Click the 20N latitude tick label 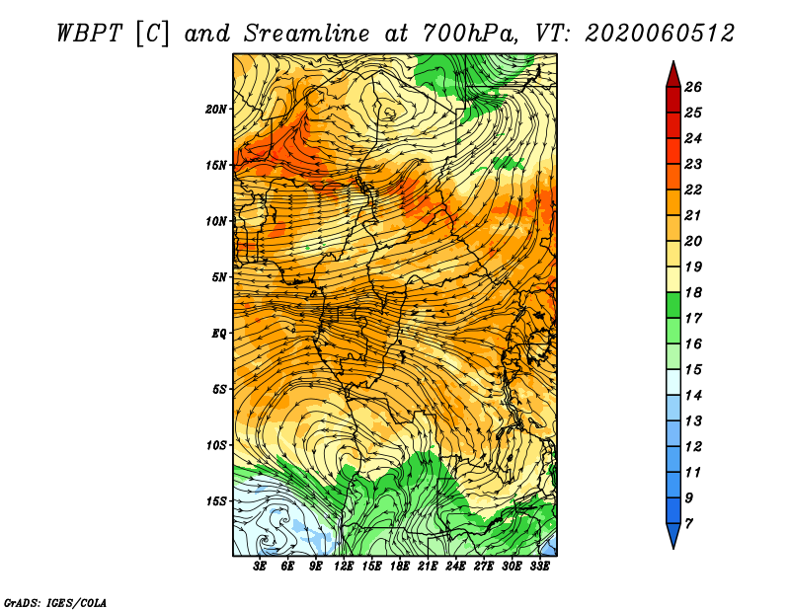216,110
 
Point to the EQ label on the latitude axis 219,334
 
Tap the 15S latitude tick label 216,501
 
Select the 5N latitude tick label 219,277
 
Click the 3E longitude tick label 260,567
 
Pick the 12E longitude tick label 344,567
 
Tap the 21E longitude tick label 428,567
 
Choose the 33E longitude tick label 539,567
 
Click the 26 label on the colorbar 693,87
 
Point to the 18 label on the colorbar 693,292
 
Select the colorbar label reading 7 688,524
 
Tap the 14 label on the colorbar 693,396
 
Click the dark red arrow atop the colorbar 673,75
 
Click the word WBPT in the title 89,34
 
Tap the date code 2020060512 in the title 660,34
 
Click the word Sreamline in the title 307,34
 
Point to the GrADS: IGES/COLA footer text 55,603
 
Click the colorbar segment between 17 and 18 673,305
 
